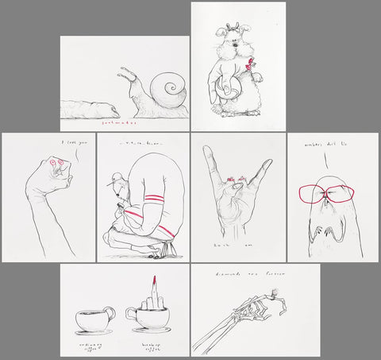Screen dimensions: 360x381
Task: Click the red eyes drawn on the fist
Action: point(56,165)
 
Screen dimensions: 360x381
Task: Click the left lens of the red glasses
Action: point(314,195)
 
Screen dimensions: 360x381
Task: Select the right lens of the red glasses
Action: point(337,195)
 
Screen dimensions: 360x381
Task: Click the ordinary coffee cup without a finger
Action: point(93,320)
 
